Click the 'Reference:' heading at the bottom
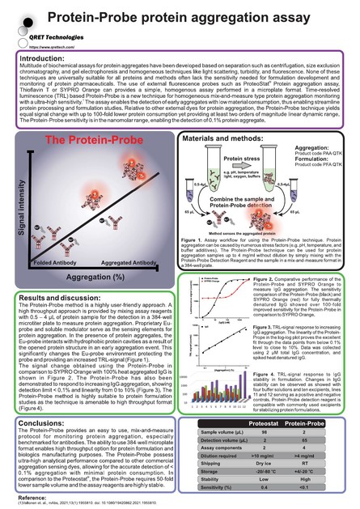(32, 494)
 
